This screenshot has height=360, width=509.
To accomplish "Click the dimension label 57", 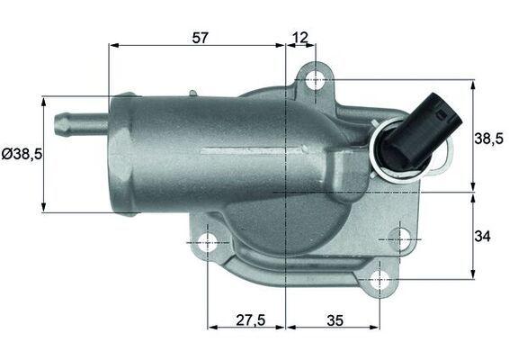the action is [x=200, y=38].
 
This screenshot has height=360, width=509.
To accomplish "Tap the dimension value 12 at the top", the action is [x=300, y=38].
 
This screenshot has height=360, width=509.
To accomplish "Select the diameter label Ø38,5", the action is [x=22, y=154].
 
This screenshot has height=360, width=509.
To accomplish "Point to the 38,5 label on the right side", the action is [x=489, y=139].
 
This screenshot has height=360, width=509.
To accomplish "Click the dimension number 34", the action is [x=482, y=236].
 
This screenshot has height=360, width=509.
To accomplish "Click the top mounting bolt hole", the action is [x=316, y=79].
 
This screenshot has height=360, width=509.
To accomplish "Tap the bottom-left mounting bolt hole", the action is [x=207, y=243].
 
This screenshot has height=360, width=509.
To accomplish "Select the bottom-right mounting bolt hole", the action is [x=380, y=279].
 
